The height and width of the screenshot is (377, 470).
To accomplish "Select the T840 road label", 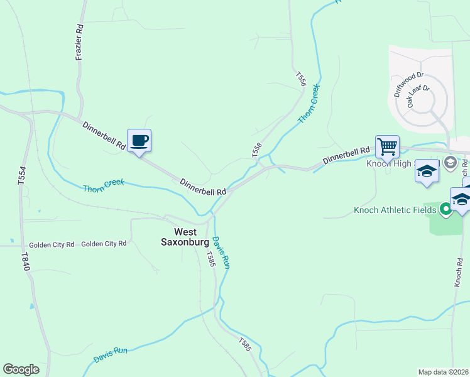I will click(x=25, y=262).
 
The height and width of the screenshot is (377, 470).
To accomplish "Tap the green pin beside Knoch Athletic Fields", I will click(x=445, y=209).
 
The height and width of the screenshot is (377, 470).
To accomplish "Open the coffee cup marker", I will click(x=139, y=140).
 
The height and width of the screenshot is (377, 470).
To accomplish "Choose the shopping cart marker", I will click(x=387, y=147).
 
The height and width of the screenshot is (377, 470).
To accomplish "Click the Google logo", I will click(x=21, y=369).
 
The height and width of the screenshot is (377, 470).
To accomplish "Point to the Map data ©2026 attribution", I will click(x=443, y=372).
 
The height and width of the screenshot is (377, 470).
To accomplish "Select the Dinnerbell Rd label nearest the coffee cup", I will click(x=104, y=135).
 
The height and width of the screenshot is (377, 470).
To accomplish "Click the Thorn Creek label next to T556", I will click(x=309, y=103).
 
